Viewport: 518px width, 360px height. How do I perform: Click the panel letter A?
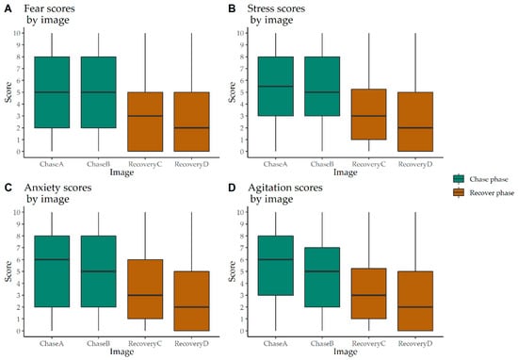pos(8,8)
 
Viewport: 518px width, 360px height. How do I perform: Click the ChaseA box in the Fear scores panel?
pos(52,92)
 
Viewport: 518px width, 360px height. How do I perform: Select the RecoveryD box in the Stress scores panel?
pos(415,122)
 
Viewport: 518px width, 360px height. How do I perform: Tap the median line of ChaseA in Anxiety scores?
pos(52,259)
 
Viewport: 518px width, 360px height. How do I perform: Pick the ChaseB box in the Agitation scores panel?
pos(322,277)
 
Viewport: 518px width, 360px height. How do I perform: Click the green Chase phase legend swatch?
pos(459,179)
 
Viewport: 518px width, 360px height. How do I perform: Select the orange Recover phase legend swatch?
pos(459,192)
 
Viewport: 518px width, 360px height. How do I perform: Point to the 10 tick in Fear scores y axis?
pos(18,33)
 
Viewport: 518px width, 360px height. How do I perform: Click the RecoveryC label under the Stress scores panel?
pos(368,164)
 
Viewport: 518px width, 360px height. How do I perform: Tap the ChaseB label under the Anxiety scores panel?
pos(99,343)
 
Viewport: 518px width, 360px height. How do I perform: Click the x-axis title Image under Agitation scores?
pos(346,352)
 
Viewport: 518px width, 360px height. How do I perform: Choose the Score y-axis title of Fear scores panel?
pos(8,92)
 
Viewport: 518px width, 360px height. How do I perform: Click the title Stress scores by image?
pos(276,14)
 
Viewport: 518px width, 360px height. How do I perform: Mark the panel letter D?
pos(232,188)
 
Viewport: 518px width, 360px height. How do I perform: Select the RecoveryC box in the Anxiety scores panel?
pos(145,289)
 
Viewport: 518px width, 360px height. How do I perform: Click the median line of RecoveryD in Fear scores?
pos(191,127)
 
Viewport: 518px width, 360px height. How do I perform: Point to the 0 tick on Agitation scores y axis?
pos(243,331)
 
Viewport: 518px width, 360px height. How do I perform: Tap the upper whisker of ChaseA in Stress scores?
pos(276,45)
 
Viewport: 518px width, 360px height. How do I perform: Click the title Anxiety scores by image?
pos(57,193)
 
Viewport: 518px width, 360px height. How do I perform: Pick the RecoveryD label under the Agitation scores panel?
pos(415,343)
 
